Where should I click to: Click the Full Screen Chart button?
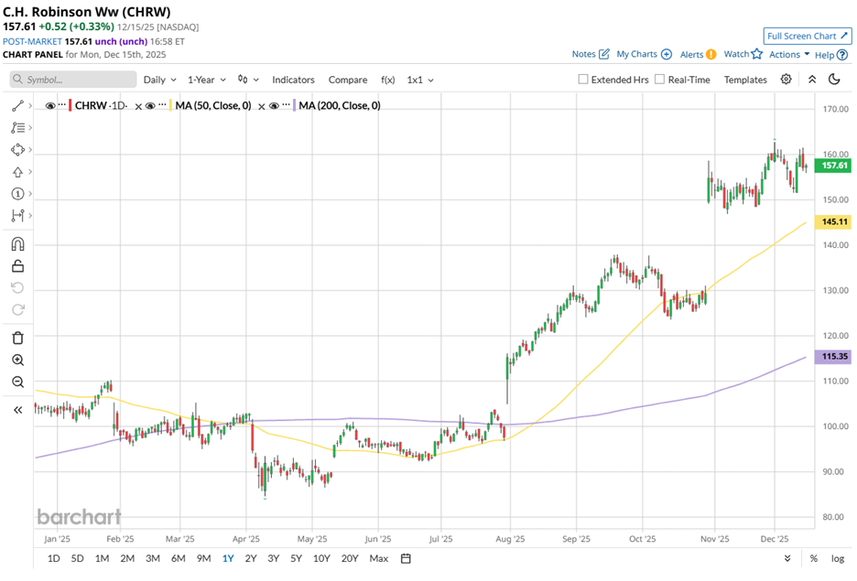pos(807,36)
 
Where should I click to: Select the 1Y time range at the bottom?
pos(227,558)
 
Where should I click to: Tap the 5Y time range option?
pos(296,558)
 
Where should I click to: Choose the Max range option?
pos(379,558)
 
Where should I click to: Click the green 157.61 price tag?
pos(833,166)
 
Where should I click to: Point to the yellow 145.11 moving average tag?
pos(833,222)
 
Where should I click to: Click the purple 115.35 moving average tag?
pos(833,357)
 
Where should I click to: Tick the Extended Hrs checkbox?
pos(583,80)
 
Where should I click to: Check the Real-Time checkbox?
pos(660,80)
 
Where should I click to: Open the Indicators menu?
pos(293,80)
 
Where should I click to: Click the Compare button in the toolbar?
pos(348,80)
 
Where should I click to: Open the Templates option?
pos(745,80)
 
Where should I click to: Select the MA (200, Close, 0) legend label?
pos(339,105)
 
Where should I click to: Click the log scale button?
pos(837,558)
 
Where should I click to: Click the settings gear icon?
pos(786,80)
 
